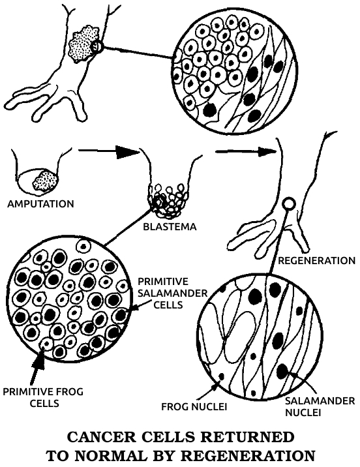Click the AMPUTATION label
coord(40,204)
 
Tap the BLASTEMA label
coord(170,226)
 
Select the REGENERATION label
coord(316,261)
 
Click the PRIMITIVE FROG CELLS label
coord(43,397)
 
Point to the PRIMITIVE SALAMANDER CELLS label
coord(173,293)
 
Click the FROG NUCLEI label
coord(194,406)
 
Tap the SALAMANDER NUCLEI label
coord(320,406)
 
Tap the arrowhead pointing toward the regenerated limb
coord(267,151)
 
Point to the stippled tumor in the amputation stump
coord(44,181)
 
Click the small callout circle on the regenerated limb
coord(289,204)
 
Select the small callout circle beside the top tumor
coord(97,46)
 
